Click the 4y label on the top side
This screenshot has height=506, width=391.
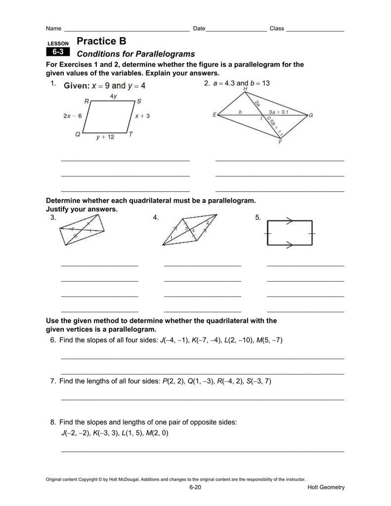pos(114,96)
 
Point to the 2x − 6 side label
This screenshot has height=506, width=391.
pos(72,116)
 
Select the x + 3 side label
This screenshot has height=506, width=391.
pos(142,116)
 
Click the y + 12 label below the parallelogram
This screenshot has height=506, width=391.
pos(105,137)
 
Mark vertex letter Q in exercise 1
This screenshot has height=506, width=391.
pos(78,134)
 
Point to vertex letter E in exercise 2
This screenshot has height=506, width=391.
pos(215,115)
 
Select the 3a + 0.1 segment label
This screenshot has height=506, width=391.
pos(279,112)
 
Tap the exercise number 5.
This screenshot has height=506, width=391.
pos(258,217)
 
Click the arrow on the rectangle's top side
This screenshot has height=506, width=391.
pos(290,221)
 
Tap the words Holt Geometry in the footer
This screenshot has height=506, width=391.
pos(326,487)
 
